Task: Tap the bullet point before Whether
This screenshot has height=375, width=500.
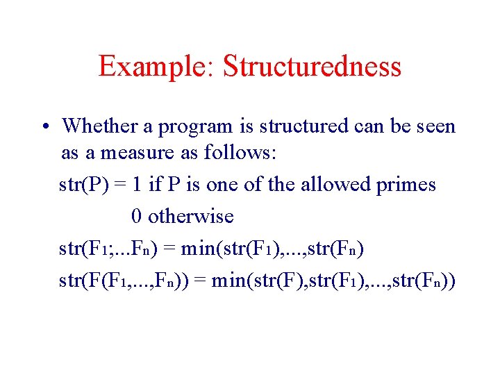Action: coord(44,127)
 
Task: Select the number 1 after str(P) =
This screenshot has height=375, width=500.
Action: coord(137,185)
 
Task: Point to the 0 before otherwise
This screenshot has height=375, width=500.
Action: coord(136,216)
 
